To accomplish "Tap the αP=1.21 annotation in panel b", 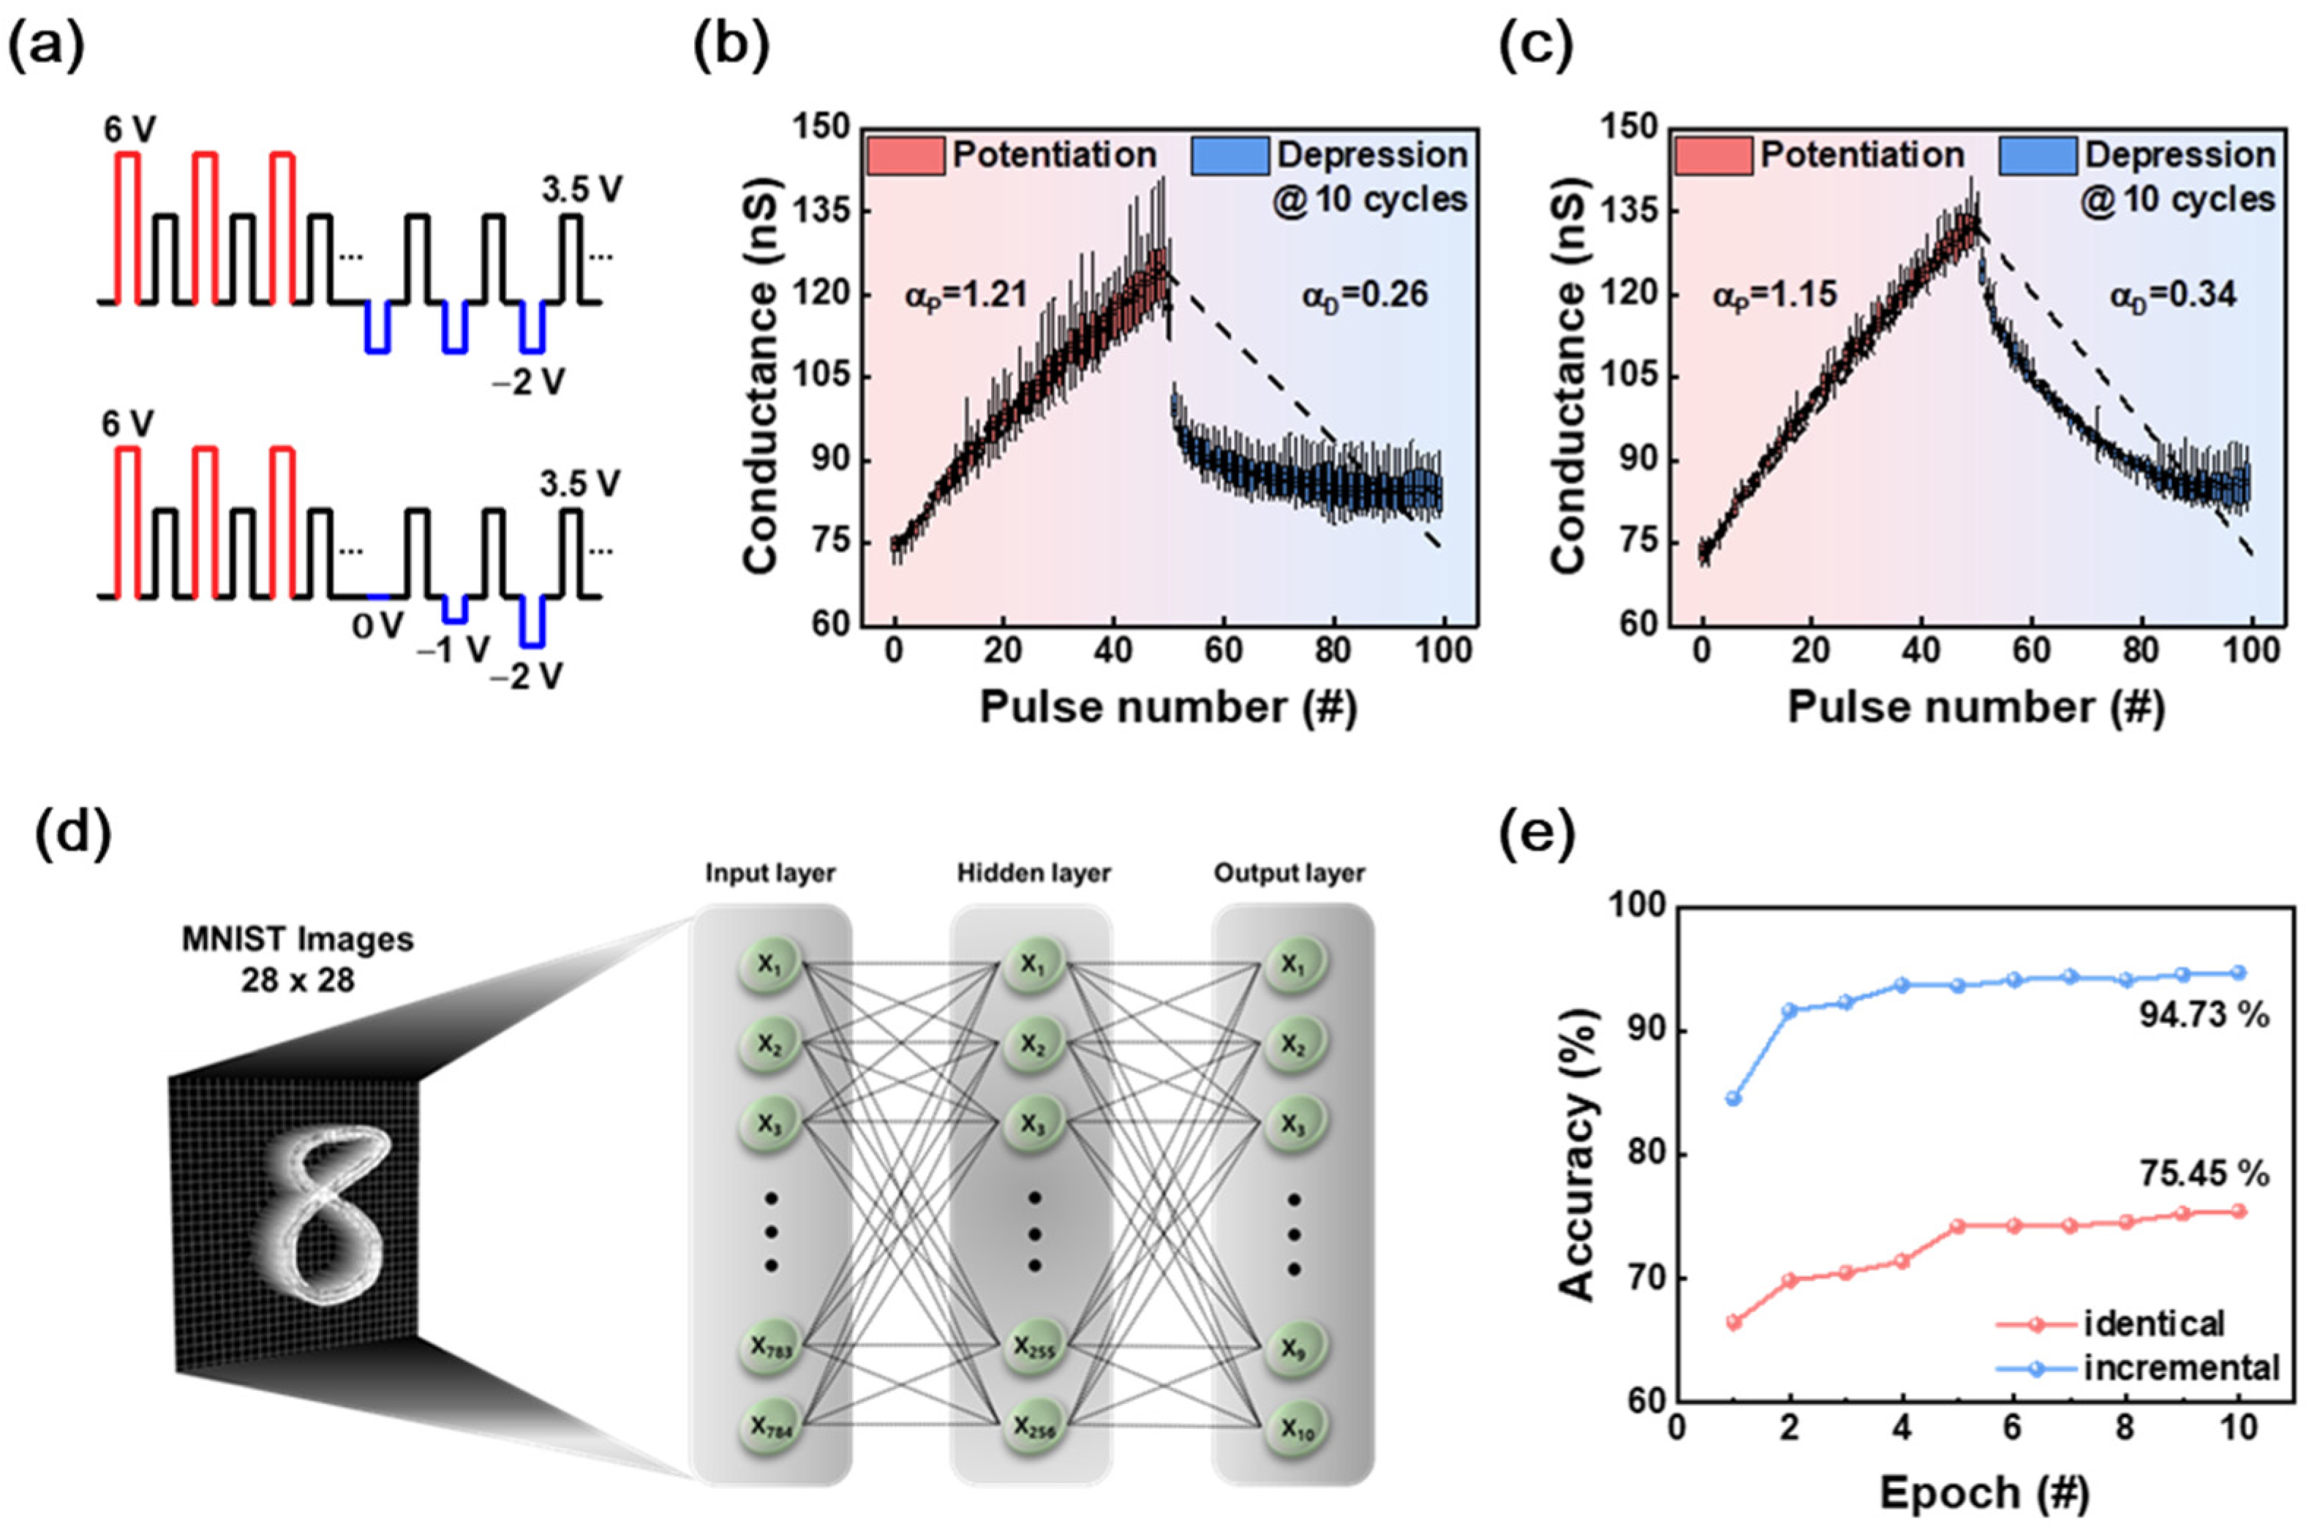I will [965, 294].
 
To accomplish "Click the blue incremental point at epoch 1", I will [1733, 1098].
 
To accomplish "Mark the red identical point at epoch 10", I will [2239, 1212].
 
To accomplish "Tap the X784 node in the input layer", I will [771, 1427].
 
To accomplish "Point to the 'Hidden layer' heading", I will [1033, 872].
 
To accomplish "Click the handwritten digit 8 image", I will [323, 1216].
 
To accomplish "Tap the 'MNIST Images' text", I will [297, 940].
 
